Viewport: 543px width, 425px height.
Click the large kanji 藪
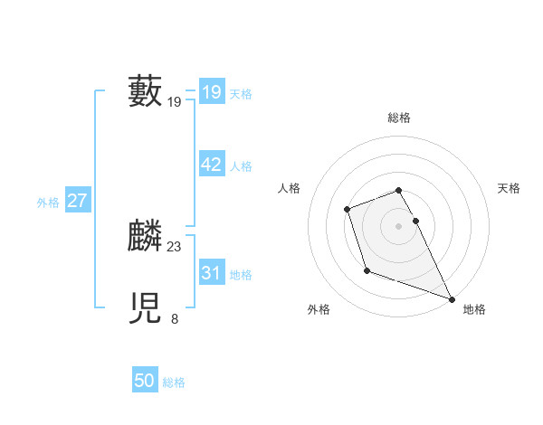(x=145, y=91)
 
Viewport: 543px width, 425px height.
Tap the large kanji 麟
(x=145, y=236)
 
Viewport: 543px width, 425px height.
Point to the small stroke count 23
(x=175, y=247)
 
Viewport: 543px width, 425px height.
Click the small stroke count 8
(x=175, y=318)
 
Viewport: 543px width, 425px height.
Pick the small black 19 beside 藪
(x=175, y=102)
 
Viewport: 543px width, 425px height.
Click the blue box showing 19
(x=211, y=91)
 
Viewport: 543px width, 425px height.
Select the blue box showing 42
(x=211, y=165)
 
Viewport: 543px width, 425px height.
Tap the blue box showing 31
(x=211, y=273)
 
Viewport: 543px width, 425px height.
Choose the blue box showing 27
(x=78, y=201)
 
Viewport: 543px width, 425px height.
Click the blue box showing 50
(x=144, y=381)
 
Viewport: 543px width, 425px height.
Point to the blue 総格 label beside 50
(x=174, y=382)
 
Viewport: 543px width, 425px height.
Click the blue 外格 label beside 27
(x=48, y=203)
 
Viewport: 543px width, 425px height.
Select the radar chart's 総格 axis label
(x=399, y=118)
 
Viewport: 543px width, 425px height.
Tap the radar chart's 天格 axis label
(x=510, y=188)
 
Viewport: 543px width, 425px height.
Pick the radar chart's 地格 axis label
(x=474, y=309)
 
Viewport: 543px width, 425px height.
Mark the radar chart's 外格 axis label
(x=319, y=309)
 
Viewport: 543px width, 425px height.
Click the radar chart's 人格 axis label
(x=289, y=188)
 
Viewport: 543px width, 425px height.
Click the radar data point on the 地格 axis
(x=452, y=299)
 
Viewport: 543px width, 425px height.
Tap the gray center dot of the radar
(x=399, y=226)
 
